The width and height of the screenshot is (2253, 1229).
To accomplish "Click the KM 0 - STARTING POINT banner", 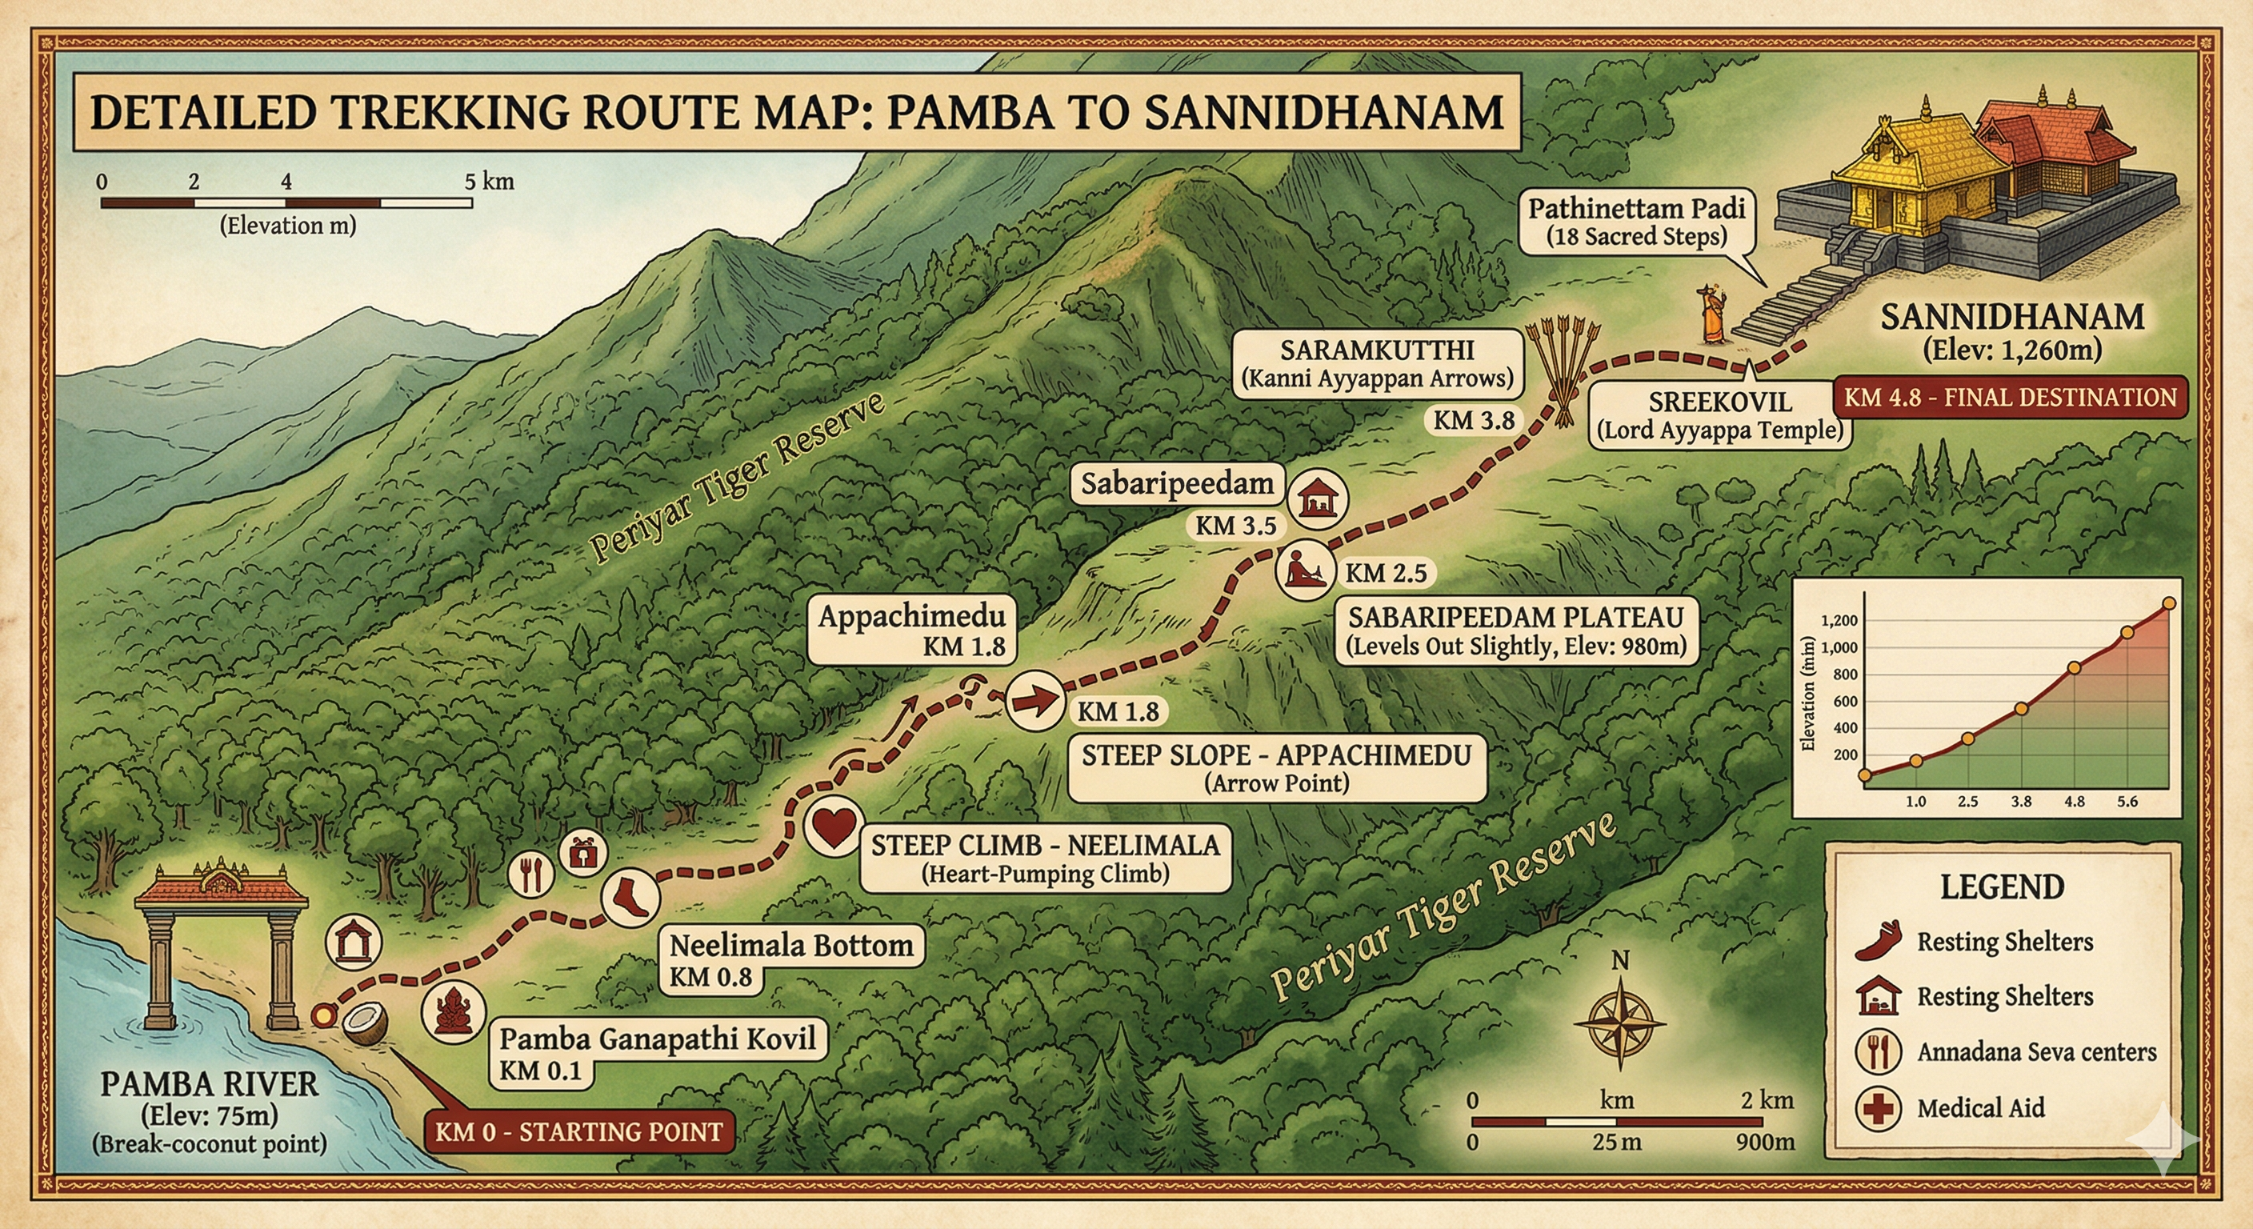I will tap(578, 1132).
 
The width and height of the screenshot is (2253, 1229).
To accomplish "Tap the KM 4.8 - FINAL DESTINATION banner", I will tap(2010, 398).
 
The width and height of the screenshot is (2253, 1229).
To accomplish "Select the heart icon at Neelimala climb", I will tap(834, 826).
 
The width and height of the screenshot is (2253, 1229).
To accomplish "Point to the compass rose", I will tap(1620, 1023).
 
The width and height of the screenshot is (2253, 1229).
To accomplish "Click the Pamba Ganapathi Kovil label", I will tap(657, 1039).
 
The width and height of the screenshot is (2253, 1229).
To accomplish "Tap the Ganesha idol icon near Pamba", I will tap(453, 1011).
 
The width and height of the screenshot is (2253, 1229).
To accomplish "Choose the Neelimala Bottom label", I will tap(790, 946).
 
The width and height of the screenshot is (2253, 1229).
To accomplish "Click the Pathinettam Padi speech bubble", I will tap(1636, 222).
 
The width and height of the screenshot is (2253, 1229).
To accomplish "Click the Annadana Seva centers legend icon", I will tap(1878, 1051).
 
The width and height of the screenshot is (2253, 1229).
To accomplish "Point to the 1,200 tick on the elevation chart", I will tap(1839, 621).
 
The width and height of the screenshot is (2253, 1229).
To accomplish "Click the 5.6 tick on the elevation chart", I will tap(2127, 801).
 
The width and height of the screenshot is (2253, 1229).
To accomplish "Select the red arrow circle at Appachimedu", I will tap(1035, 700).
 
